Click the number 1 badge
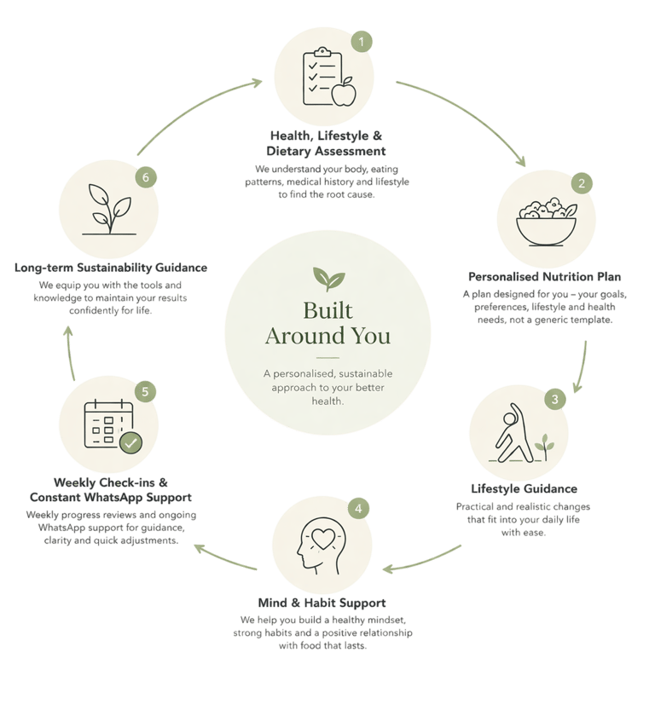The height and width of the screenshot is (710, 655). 362,41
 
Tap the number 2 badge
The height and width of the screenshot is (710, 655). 581,182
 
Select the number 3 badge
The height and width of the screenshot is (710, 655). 554,398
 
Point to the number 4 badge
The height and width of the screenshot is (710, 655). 359,509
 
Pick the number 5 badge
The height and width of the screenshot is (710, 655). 146,391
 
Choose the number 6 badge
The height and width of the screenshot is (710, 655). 146,177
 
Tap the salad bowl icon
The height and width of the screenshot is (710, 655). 546,222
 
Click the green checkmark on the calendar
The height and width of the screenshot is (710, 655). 130,442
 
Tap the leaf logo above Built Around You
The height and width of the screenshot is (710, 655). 327,278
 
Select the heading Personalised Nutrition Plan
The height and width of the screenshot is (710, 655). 545,277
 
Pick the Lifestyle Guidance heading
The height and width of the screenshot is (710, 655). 525,489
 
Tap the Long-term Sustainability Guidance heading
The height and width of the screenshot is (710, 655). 112,268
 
